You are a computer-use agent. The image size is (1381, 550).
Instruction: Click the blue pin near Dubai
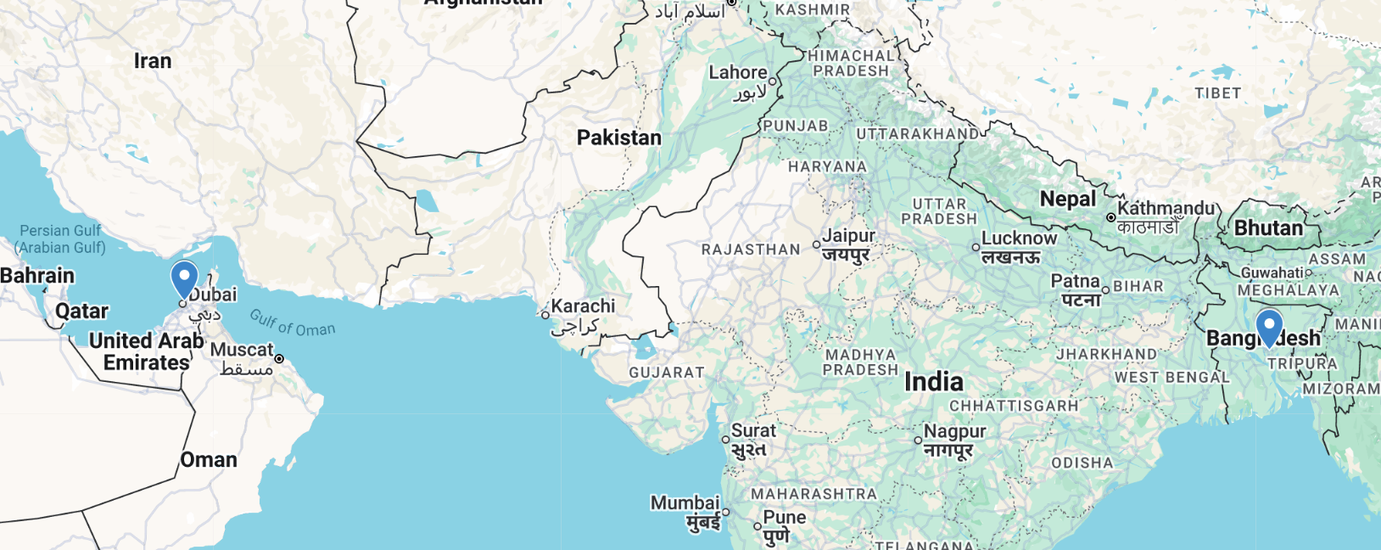(x=184, y=278)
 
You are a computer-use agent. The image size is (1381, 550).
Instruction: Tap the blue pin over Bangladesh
(x=1269, y=327)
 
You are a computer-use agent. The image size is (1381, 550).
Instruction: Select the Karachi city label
(x=583, y=306)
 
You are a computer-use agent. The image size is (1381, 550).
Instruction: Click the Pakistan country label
(x=618, y=137)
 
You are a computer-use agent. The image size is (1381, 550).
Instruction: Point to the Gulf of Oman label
(x=293, y=323)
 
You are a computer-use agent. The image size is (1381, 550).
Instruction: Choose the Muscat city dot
(x=279, y=359)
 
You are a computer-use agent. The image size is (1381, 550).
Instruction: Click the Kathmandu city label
(x=1166, y=209)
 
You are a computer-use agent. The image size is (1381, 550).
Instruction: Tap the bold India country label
(x=933, y=382)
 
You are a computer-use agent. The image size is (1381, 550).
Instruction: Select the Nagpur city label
(x=954, y=431)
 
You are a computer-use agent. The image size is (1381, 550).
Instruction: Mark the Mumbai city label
(x=685, y=503)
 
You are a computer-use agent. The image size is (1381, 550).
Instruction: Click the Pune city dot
(x=758, y=526)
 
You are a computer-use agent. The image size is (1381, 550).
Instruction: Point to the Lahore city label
(x=738, y=73)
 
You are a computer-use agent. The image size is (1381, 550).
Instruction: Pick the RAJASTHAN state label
(x=750, y=250)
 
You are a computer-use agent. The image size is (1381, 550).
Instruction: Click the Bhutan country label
(x=1268, y=228)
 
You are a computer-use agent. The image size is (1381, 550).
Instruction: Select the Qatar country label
(x=81, y=311)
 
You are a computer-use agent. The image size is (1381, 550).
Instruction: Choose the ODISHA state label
(x=1082, y=463)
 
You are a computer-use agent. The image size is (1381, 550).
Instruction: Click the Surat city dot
(x=725, y=440)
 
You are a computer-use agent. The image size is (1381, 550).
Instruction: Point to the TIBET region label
(x=1217, y=93)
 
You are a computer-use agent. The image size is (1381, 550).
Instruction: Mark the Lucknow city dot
(x=976, y=248)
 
